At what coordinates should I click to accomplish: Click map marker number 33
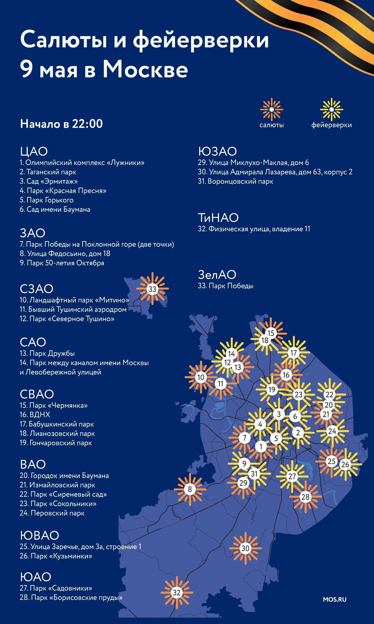pos(152,289)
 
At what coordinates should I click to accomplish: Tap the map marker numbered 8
pos(190,489)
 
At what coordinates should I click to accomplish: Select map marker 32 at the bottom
pos(177,592)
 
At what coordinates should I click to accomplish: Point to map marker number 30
pos(246,548)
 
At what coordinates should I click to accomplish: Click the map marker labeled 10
pos(201,377)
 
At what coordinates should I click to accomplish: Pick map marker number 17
pos(294,353)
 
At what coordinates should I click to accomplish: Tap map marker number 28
pos(305,497)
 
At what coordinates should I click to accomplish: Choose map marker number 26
pos(345,465)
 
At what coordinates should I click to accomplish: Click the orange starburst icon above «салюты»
pos(271,110)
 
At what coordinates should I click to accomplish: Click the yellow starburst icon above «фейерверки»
pos(331,110)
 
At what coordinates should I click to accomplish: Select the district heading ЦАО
pos(34,151)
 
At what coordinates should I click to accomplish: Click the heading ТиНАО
pos(218,217)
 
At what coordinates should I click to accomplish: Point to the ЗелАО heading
pos(217,275)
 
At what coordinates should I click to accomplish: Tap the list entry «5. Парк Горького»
pos(47,200)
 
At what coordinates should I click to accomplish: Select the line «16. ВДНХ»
pos(35,415)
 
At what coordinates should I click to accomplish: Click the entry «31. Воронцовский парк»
pos(236,181)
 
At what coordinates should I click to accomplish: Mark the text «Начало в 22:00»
pos(61,124)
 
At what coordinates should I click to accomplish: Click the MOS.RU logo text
pos(334,599)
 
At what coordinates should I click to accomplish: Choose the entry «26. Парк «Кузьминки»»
pos(56,556)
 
